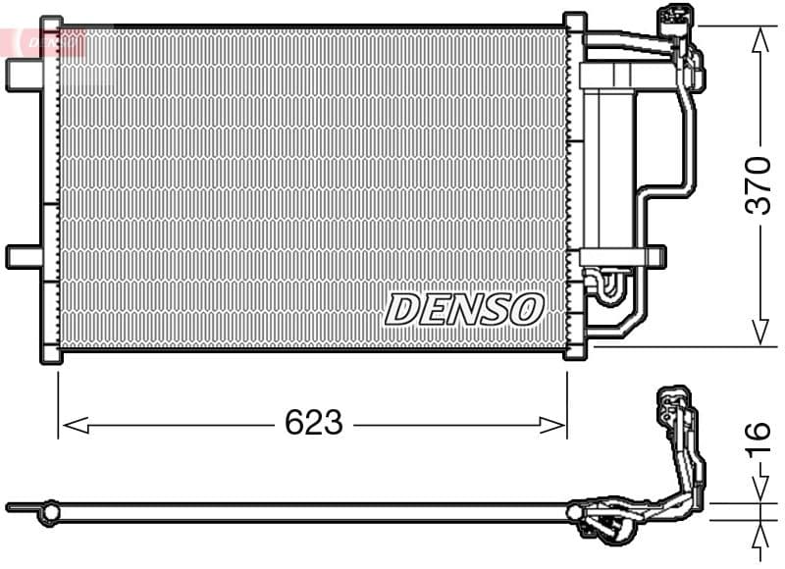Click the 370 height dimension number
759,185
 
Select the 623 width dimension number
313,424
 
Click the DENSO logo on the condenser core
464,308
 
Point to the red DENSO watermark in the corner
44,41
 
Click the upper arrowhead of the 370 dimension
759,39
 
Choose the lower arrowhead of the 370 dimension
759,334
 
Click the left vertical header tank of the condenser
50,186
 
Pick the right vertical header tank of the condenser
575,186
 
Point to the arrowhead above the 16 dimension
759,487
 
